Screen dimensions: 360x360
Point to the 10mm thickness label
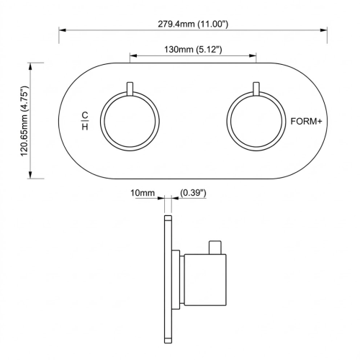coord(143,193)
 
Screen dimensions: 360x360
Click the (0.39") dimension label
coord(193,193)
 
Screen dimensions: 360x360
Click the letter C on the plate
coord(85,115)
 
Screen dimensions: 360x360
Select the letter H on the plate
coord(85,127)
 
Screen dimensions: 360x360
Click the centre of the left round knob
coord(130,122)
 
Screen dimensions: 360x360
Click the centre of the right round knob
coord(256,122)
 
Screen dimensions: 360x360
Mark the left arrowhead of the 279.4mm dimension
coord(62,30)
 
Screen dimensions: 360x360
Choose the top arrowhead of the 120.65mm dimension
coord(32,65)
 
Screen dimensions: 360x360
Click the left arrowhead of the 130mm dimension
coord(132,55)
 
